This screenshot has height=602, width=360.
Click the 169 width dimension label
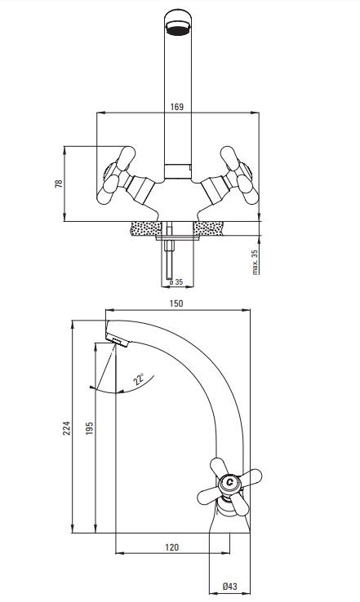point(176,107)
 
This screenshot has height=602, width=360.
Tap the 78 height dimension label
point(59,184)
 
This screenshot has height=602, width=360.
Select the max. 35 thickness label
point(255,262)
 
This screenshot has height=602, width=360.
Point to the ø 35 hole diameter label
point(176,282)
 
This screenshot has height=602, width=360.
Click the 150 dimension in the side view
point(176,303)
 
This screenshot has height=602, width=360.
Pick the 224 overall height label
point(67,428)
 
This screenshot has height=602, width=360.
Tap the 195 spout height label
point(89,428)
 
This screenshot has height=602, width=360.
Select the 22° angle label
point(138,379)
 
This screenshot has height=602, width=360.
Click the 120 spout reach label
point(171,547)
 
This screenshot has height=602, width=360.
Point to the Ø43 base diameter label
point(229,587)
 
